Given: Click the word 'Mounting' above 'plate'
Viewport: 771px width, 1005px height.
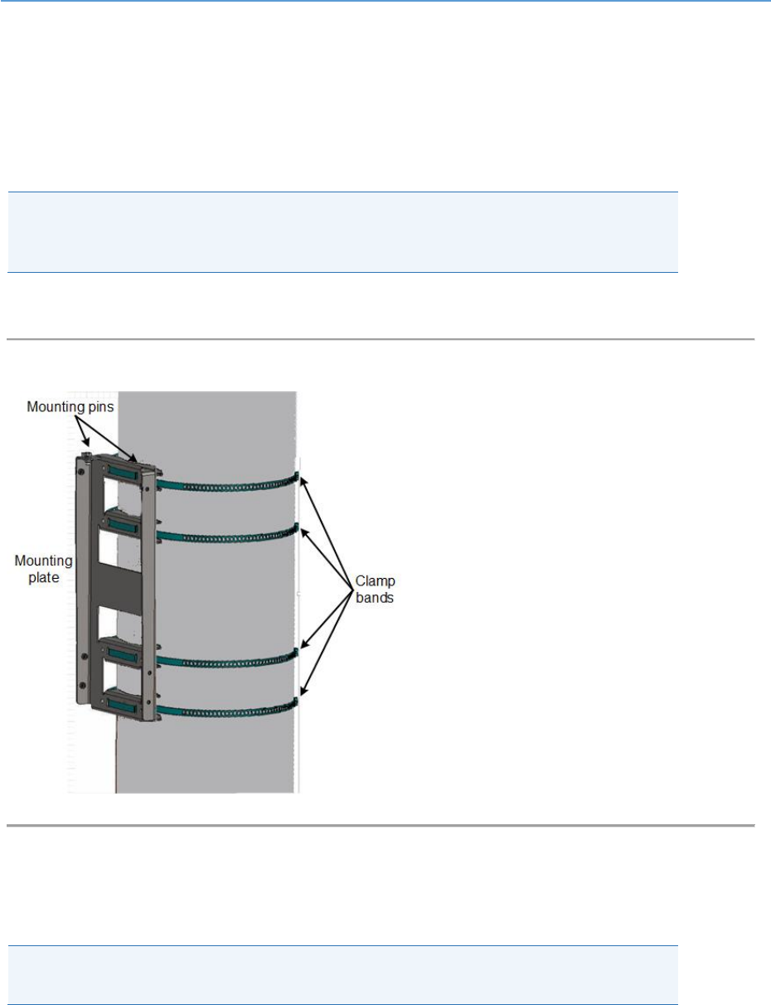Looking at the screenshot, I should pyautogui.click(x=43, y=562).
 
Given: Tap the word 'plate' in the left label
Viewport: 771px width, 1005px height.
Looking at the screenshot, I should pyautogui.click(x=42, y=577).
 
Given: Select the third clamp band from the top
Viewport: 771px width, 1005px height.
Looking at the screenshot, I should pyautogui.click(x=224, y=662).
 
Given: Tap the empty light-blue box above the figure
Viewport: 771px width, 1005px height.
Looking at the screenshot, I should pyautogui.click(x=342, y=232).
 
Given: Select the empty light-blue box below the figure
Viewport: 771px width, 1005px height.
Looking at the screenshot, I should pyautogui.click(x=342, y=975).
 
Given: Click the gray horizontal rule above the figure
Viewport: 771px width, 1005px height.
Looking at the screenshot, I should pyautogui.click(x=381, y=339).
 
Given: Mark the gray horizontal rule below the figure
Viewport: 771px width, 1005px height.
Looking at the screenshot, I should pyautogui.click(x=381, y=826).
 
